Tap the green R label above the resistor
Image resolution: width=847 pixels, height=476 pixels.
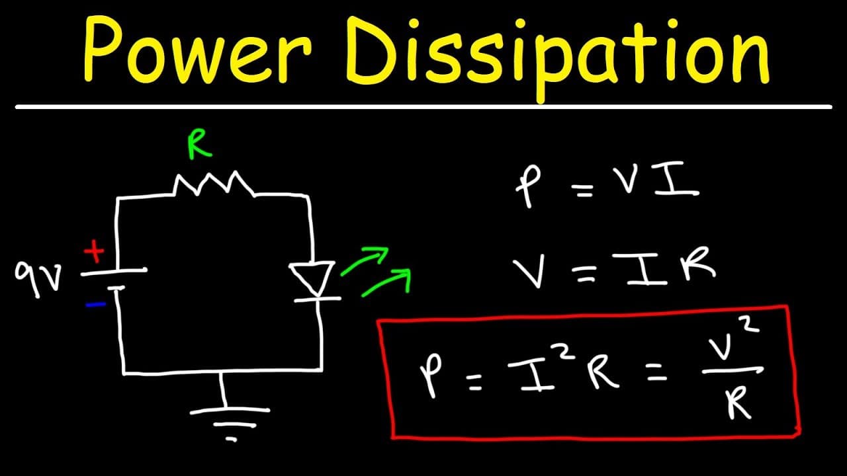(200, 144)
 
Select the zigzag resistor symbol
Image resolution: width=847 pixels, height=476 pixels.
(214, 184)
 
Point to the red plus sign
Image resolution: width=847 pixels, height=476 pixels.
(94, 251)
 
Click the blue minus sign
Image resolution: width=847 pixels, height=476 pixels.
(96, 304)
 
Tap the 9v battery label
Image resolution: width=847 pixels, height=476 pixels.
(38, 278)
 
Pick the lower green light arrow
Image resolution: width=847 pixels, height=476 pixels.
(386, 282)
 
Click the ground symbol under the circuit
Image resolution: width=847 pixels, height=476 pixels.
(230, 419)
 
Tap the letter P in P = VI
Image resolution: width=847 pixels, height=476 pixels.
(529, 186)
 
